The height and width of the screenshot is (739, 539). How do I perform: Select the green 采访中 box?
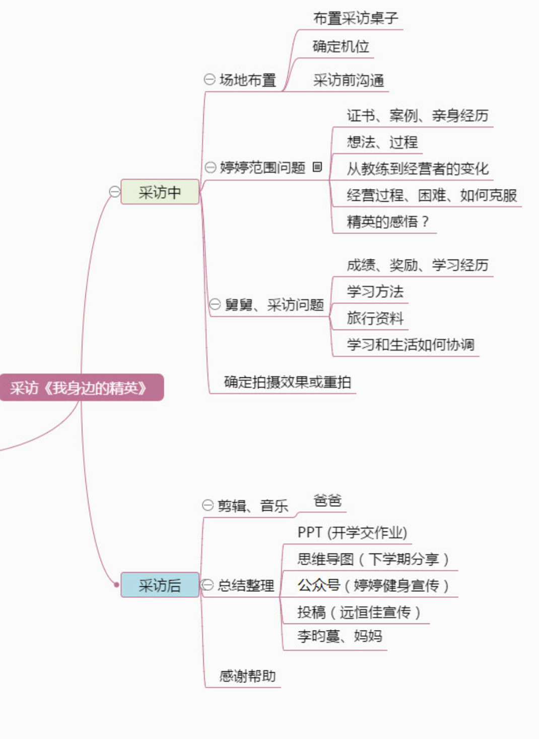(160, 192)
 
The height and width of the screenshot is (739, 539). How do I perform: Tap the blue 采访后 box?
(160, 585)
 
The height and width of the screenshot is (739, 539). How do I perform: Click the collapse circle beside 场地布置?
(210, 80)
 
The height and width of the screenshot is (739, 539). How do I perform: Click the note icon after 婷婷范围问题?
(317, 167)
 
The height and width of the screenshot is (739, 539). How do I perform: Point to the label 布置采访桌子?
(356, 19)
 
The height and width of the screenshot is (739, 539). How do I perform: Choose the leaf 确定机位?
(341, 47)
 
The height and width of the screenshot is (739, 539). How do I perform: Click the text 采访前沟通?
(349, 80)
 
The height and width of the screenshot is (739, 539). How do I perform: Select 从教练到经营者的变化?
(417, 169)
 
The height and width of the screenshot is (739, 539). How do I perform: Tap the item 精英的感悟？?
(388, 221)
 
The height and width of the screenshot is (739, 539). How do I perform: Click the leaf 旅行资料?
(375, 318)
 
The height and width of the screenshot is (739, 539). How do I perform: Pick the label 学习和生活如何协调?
(410, 345)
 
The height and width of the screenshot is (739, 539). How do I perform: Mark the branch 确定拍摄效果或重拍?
(287, 382)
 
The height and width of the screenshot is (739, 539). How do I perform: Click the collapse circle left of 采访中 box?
(115, 192)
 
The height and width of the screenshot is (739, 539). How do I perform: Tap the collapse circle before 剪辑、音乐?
(208, 505)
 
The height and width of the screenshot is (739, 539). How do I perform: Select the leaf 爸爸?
(327, 500)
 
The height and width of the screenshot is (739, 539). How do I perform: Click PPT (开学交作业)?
(352, 533)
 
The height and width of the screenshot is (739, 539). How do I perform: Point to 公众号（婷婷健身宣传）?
(373, 585)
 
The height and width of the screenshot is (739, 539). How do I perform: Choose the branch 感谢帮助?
(247, 676)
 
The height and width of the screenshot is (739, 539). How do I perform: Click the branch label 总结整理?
(246, 585)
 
